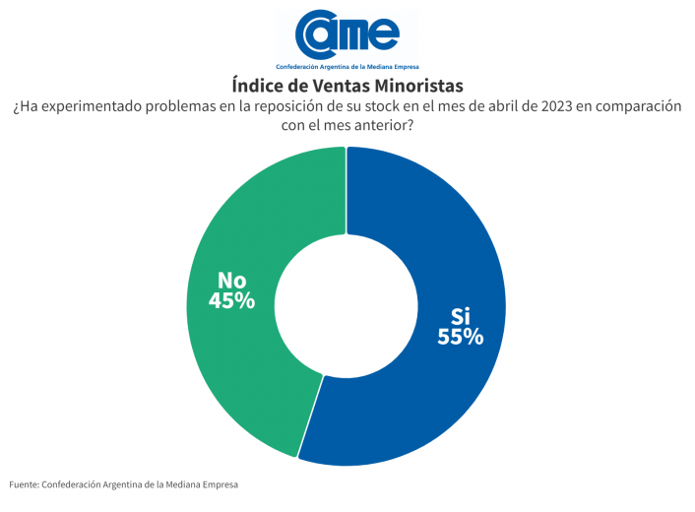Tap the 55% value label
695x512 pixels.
click(x=461, y=337)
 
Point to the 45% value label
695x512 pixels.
click(x=231, y=301)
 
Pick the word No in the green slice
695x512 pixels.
click(x=231, y=280)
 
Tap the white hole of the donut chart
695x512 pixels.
click(x=346, y=305)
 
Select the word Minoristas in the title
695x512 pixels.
click(x=417, y=86)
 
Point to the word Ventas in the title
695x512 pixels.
click(x=337, y=86)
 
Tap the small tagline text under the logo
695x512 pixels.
click(x=347, y=66)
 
